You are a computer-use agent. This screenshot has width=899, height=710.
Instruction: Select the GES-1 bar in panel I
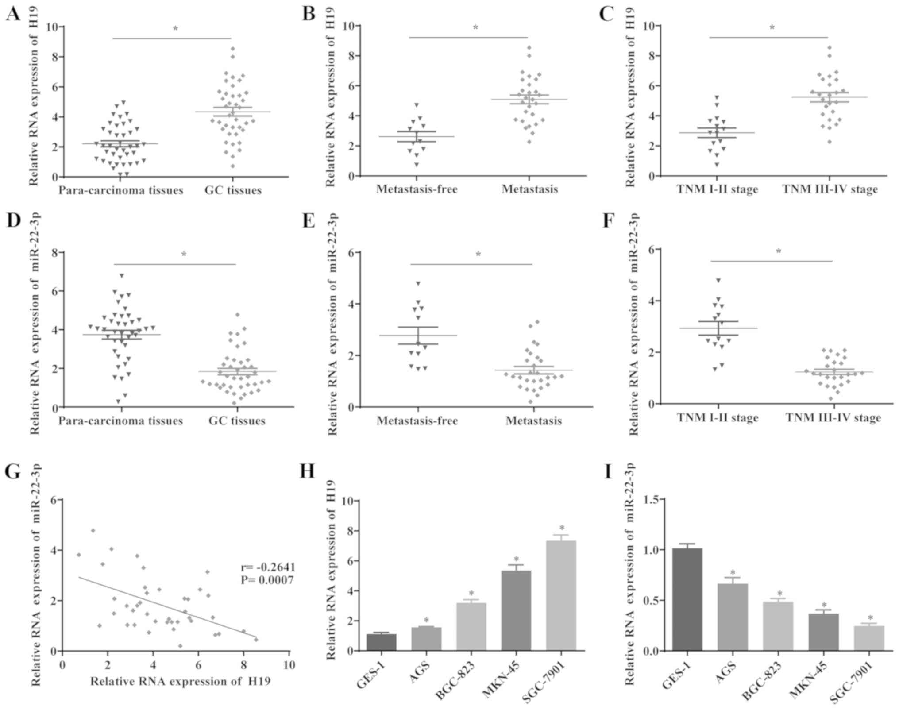tap(687, 599)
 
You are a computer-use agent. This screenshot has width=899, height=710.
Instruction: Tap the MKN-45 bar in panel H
tap(516, 611)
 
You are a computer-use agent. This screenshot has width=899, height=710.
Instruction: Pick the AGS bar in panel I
tap(732, 617)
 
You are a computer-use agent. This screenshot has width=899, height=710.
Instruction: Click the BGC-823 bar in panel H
tap(471, 626)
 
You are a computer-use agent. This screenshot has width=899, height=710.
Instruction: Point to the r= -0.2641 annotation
tap(268, 567)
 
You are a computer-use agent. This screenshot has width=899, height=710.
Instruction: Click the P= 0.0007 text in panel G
tap(267, 580)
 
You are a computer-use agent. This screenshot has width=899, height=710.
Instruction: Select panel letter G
tap(12, 472)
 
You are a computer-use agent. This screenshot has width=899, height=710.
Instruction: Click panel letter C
tap(606, 14)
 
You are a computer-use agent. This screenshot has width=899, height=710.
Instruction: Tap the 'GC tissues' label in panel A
tap(233, 190)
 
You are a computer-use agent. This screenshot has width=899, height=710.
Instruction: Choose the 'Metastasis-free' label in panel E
tap(417, 420)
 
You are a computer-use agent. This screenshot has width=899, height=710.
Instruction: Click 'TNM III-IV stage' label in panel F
tap(833, 417)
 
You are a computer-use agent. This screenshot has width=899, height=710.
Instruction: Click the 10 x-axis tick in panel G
tap(289, 665)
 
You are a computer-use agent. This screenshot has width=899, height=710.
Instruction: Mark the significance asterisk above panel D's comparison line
tap(184, 254)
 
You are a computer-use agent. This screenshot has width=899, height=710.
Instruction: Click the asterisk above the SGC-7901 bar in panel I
tap(870, 618)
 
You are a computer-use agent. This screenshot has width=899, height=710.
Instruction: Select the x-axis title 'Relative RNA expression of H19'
tap(180, 681)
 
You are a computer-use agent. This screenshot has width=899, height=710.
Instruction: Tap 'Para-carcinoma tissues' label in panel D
tap(120, 420)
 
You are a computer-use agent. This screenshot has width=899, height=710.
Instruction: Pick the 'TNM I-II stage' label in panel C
tap(717, 189)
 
